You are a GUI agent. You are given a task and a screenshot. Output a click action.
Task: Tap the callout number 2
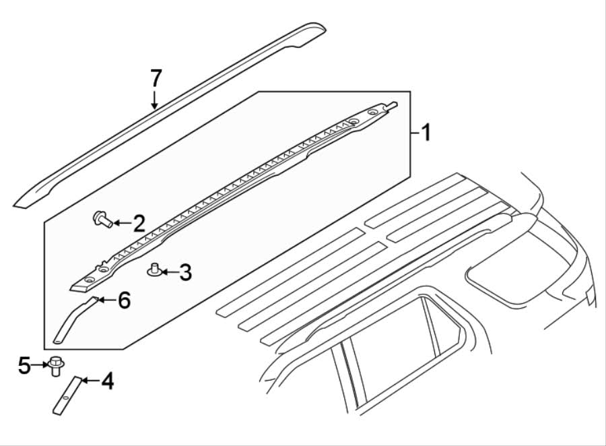point(138,223)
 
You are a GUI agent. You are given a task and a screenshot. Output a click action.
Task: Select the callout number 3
point(184,273)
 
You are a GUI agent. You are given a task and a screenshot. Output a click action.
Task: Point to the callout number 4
point(106,382)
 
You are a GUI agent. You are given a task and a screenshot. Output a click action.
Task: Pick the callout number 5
point(24,366)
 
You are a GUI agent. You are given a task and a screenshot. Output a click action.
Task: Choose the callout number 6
point(123,300)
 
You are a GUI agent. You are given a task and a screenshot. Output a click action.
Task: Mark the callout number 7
point(156,78)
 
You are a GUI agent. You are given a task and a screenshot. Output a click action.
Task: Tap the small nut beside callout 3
point(154,271)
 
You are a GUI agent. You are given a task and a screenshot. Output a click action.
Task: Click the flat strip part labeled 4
point(66,396)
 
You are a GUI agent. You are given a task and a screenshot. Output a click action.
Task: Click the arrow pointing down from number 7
point(155,100)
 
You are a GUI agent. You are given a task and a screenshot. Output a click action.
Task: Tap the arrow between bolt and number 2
point(121,222)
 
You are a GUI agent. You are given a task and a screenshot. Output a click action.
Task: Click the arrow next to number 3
point(168,273)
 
